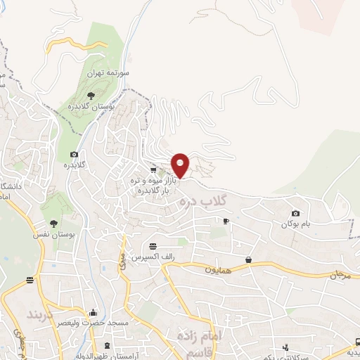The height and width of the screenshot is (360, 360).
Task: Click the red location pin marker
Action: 181,165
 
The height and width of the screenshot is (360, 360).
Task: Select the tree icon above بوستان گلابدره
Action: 90,95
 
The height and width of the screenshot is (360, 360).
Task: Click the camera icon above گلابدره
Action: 74,155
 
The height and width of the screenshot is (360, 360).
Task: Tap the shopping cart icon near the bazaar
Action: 153,169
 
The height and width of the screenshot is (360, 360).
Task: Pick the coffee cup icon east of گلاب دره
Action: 226,221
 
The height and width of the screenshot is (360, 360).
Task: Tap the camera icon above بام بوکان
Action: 295,213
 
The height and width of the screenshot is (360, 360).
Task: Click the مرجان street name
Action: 336,274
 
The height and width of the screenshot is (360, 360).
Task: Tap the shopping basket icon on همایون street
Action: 249,260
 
